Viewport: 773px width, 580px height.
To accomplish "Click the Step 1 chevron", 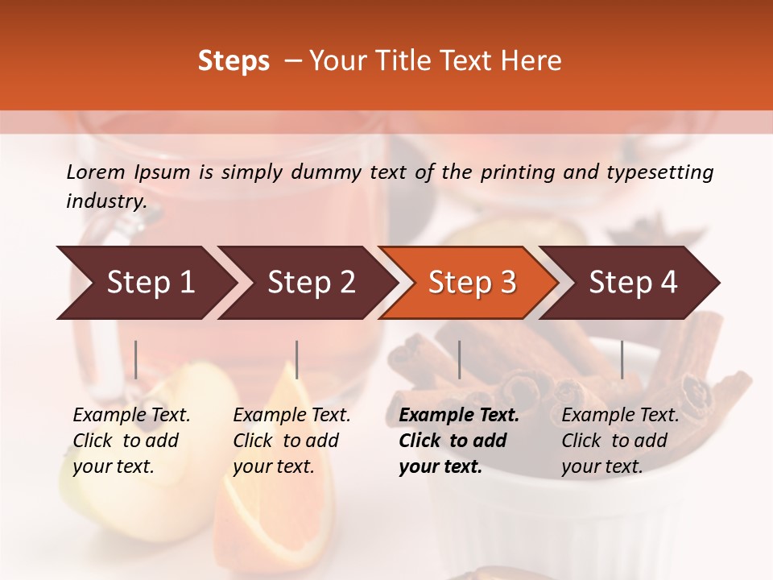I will pos(145,283).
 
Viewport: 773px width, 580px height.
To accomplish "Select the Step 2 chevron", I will pos(307,283).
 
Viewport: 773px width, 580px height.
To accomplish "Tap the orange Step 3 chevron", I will pos(468,283).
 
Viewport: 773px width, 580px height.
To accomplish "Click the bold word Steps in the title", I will pos(234,61).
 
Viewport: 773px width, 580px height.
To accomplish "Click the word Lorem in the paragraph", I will pos(96,172).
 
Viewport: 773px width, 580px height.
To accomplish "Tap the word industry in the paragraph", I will pos(105,201).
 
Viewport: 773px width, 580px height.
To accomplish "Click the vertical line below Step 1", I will pos(136,359).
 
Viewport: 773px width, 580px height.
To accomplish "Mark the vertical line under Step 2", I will pos(297,359).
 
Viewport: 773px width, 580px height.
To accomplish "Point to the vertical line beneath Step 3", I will pos(460,359).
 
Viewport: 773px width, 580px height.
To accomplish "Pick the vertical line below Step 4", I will pos(622,359).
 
